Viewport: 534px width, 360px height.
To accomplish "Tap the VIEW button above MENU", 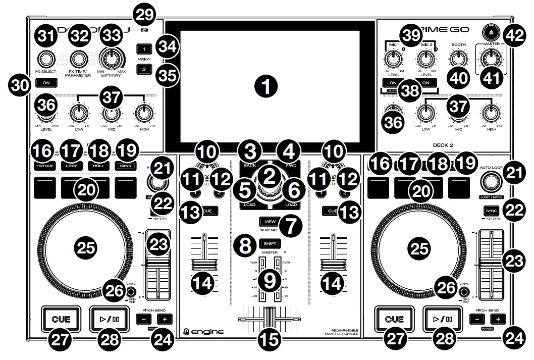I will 270,221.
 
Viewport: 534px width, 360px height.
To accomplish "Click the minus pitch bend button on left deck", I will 146,319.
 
